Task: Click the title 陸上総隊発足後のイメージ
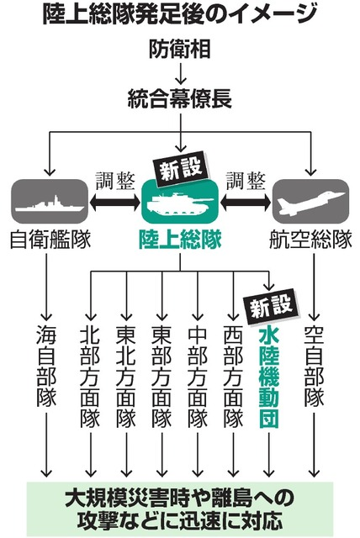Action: (179, 14)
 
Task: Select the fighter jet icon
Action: (311, 203)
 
